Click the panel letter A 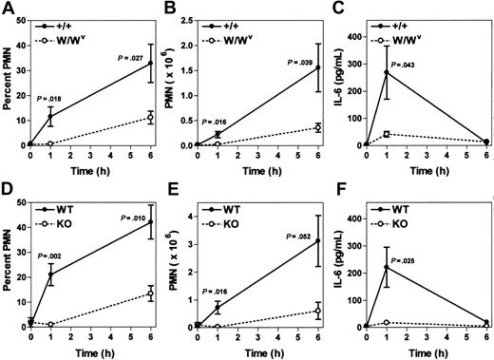7,9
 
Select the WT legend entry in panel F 403,204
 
